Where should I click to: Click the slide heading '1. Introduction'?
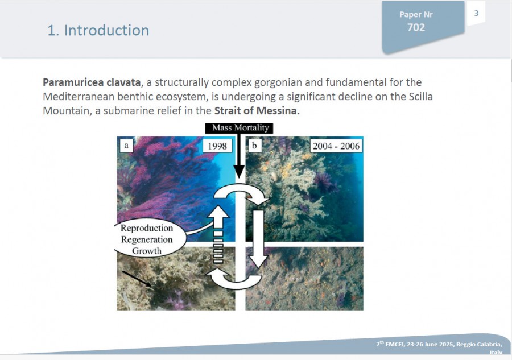pos(98,30)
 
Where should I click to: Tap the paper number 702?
pos(416,27)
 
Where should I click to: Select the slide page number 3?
pos(476,13)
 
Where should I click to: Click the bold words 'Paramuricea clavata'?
pos(92,82)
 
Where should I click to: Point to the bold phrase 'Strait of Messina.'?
pos(257,111)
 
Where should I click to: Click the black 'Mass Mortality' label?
pos(239,128)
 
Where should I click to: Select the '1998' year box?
pos(217,146)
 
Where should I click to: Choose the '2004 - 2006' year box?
pos(336,146)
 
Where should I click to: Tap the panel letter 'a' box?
pos(126,146)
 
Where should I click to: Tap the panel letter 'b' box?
pos(255,146)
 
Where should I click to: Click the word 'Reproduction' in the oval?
pos(147,228)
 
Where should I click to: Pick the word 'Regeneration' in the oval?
pos(147,239)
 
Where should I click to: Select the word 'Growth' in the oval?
pos(147,251)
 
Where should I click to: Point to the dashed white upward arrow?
pos(218,234)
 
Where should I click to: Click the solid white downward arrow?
pos(259,239)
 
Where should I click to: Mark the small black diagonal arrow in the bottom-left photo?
pos(137,279)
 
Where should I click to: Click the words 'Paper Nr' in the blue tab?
pos(416,15)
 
